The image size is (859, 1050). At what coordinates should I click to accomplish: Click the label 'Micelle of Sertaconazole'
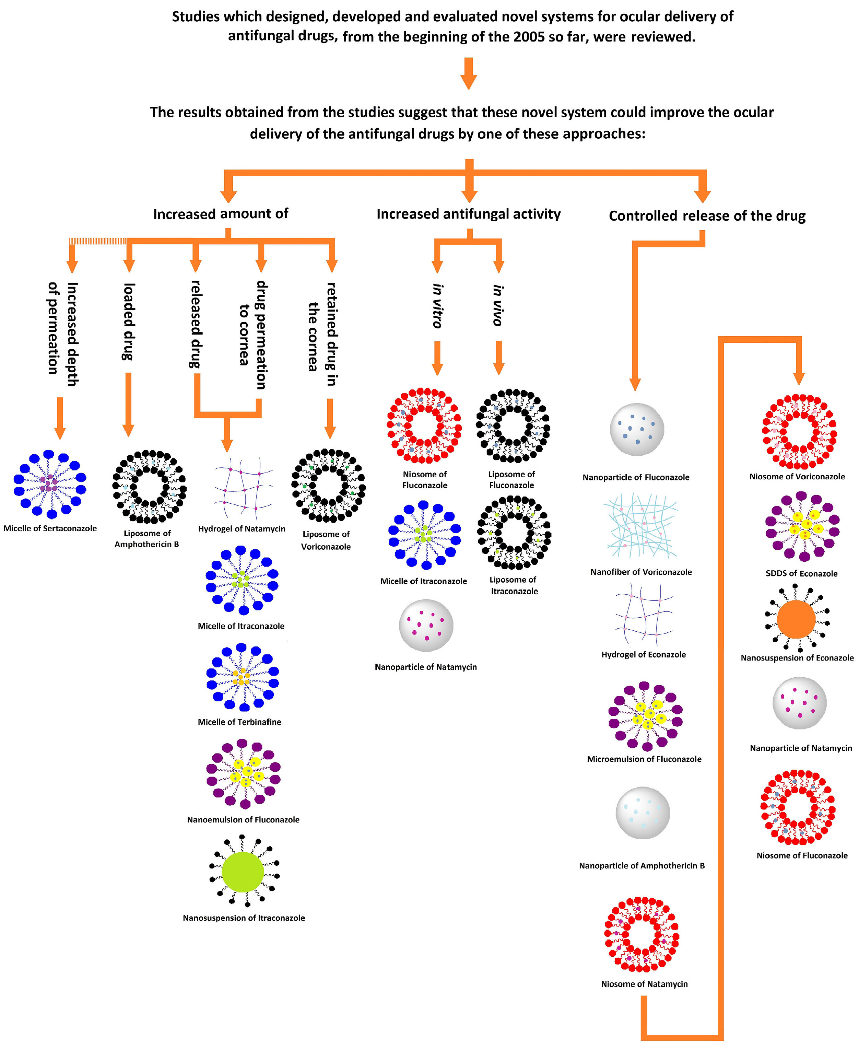pyautogui.click(x=50, y=528)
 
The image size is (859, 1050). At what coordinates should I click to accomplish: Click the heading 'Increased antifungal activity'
pyautogui.click(x=468, y=214)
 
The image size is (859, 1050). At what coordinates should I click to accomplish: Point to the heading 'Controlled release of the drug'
pyautogui.click(x=707, y=216)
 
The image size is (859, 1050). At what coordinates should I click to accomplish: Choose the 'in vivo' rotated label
pyautogui.click(x=498, y=305)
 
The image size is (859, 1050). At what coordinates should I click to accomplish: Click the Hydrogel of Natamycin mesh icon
pyautogui.click(x=243, y=488)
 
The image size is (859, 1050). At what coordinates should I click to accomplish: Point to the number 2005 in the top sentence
pyautogui.click(x=529, y=37)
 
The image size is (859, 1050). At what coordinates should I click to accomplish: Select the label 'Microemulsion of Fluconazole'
pyautogui.click(x=644, y=759)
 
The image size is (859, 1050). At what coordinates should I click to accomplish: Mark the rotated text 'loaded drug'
pyautogui.click(x=129, y=322)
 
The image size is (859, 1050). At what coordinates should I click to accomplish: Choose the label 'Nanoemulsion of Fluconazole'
pyautogui.click(x=243, y=820)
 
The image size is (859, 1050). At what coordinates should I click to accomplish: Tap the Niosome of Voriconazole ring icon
pyautogui.click(x=799, y=431)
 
